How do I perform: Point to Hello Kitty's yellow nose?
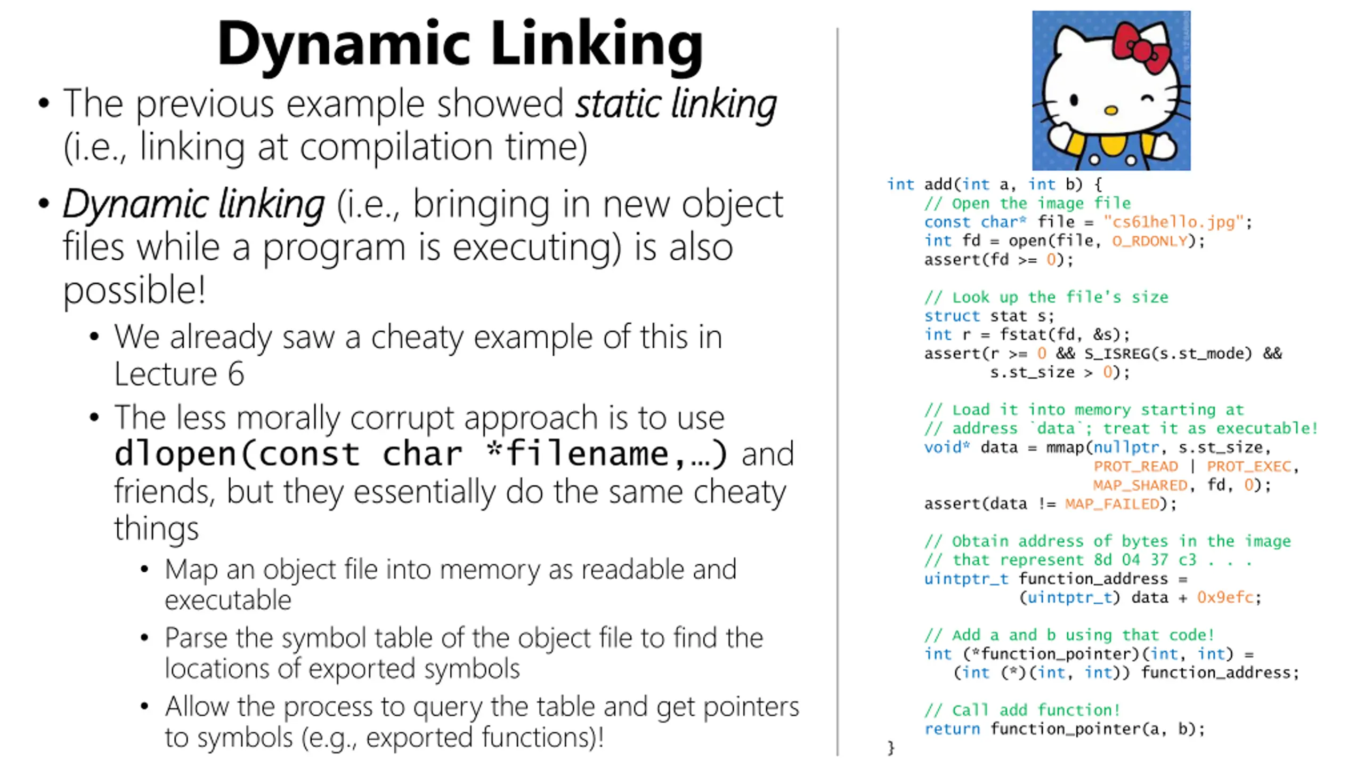point(1111,110)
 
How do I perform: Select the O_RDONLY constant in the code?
point(1150,241)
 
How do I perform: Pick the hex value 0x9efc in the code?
point(1225,597)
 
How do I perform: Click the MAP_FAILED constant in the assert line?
point(1113,504)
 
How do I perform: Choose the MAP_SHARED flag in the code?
point(1140,485)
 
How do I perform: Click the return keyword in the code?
point(952,729)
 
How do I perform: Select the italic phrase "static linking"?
point(676,103)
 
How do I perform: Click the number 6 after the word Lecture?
point(236,373)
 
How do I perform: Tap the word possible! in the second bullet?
point(134,291)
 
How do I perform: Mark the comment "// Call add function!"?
point(1022,710)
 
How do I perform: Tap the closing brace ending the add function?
point(890,747)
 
